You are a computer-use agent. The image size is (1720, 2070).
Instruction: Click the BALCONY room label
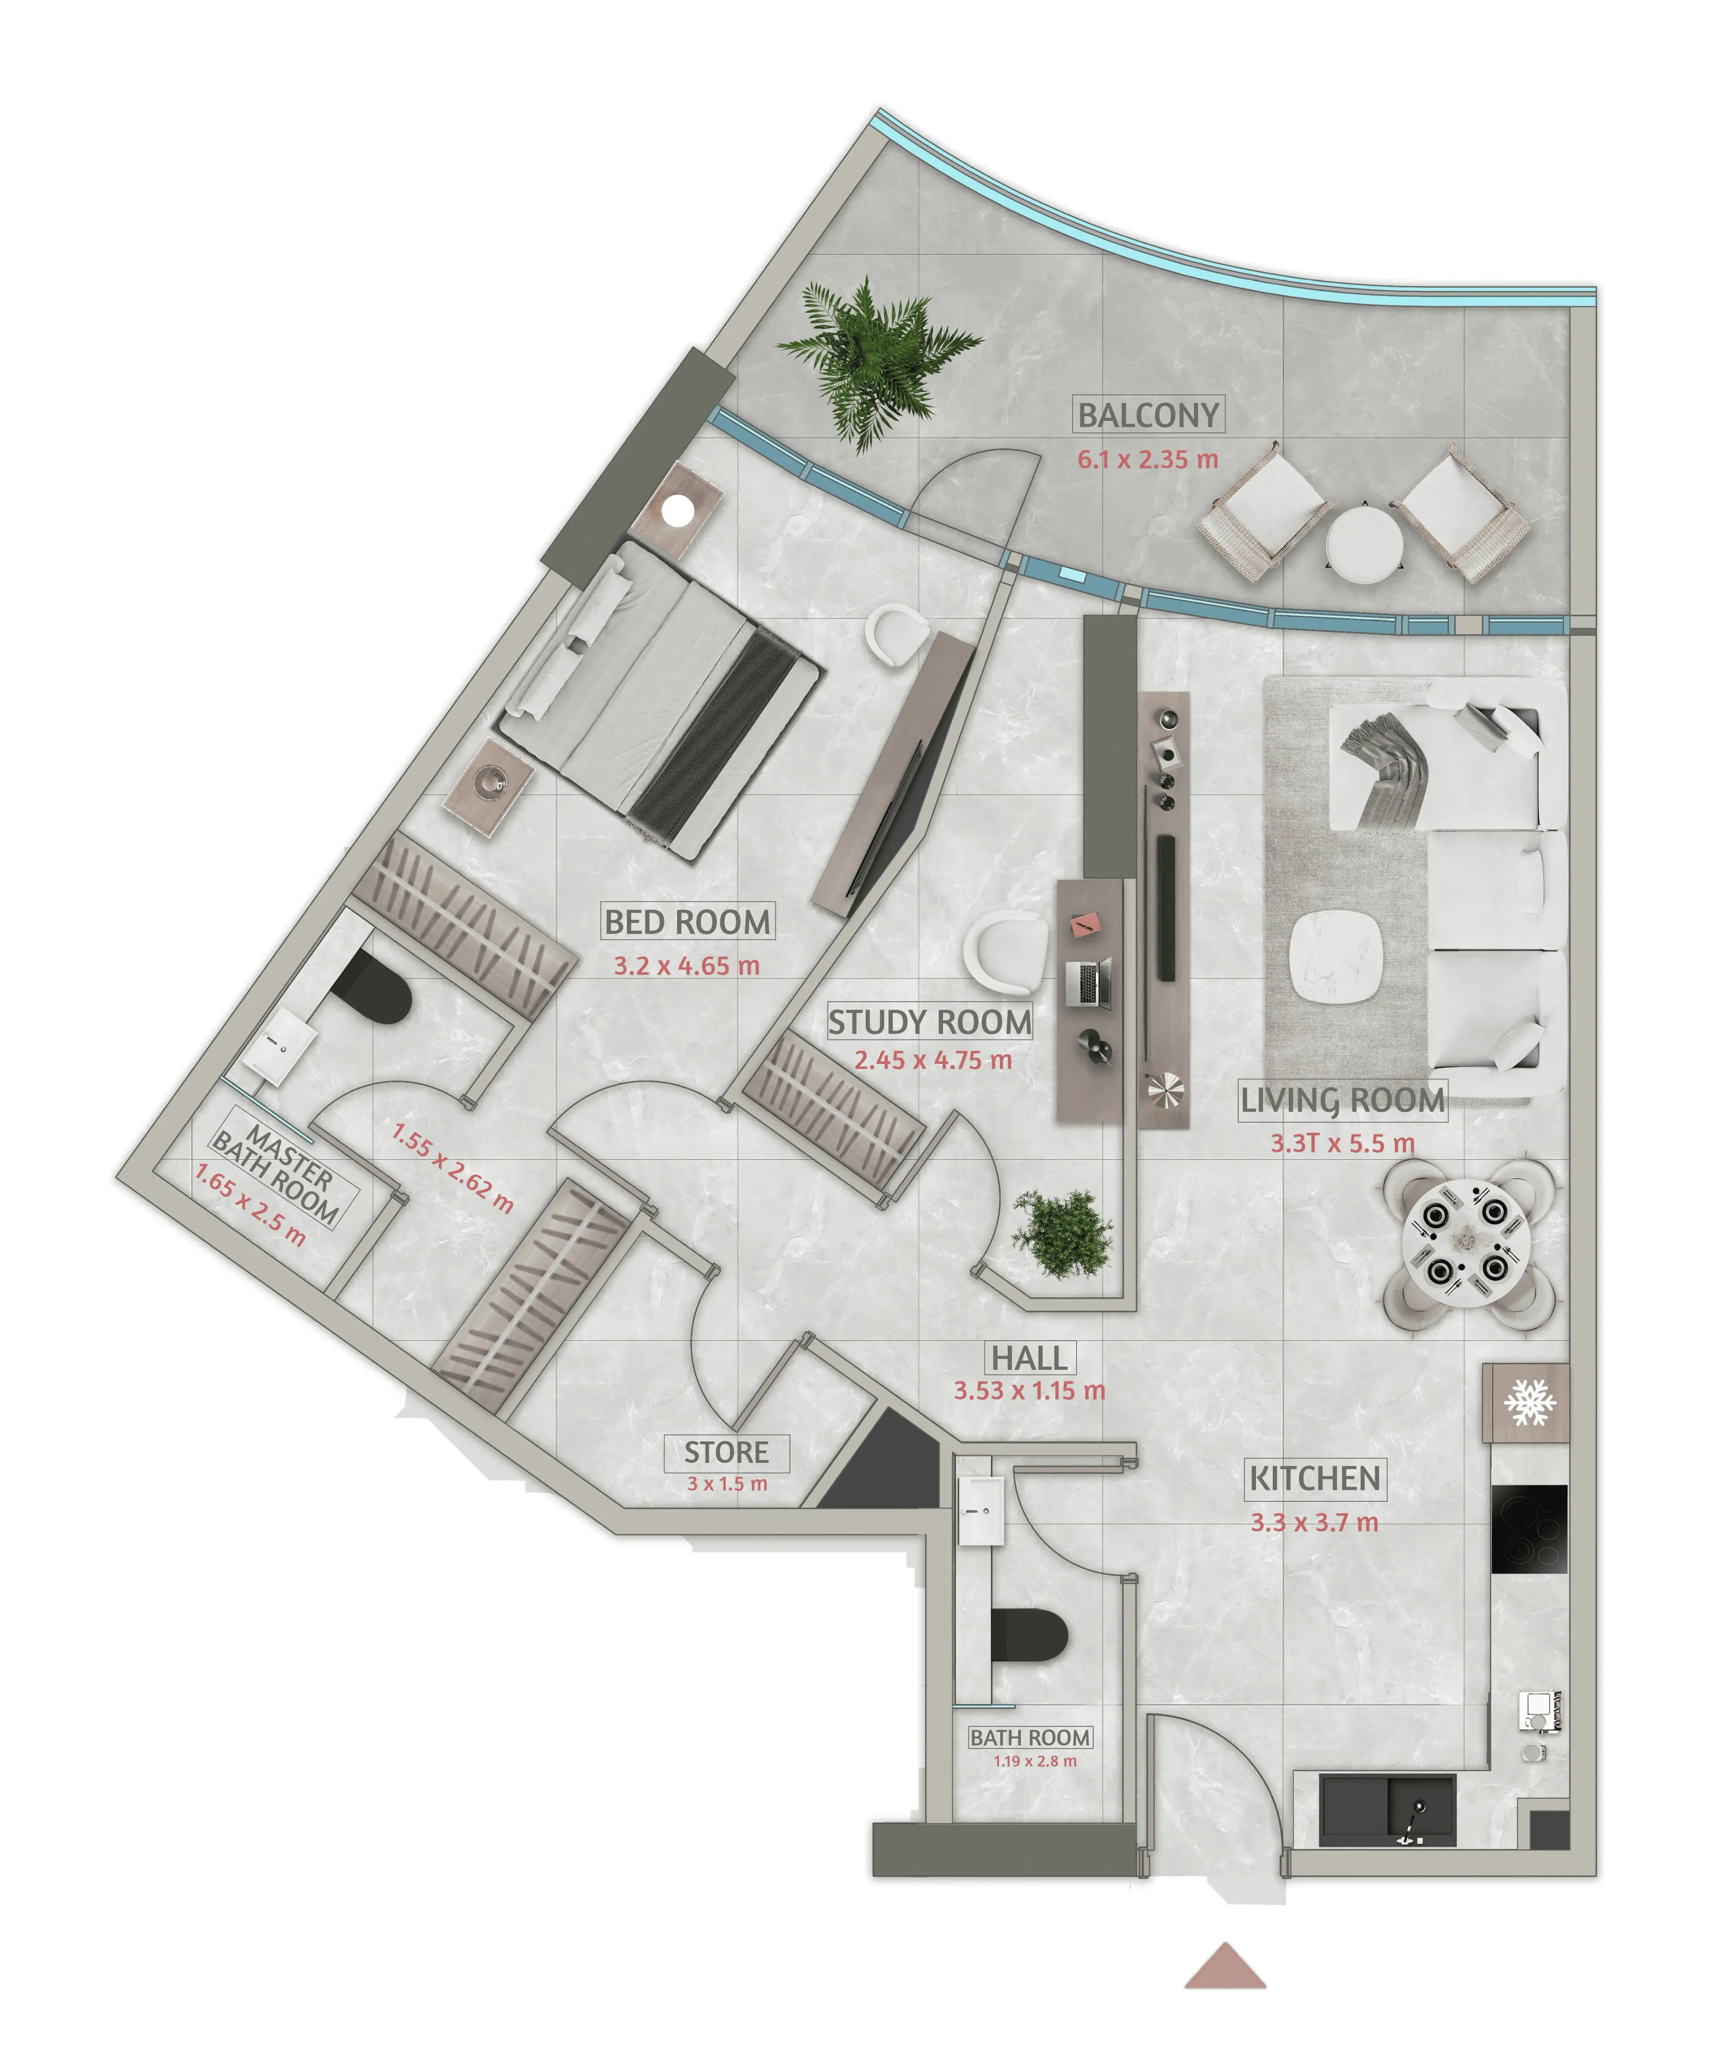(1148, 415)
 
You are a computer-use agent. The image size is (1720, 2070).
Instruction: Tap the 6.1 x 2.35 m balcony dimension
(1147, 460)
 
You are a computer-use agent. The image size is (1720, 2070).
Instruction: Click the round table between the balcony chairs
(1364, 542)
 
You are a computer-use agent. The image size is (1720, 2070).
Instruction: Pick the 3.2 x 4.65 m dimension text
(687, 966)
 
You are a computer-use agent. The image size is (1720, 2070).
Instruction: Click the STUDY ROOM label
(929, 1022)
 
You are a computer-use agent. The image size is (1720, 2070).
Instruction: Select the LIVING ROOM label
(1342, 1100)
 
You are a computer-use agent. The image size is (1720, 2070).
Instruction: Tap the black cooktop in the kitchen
(1529, 1529)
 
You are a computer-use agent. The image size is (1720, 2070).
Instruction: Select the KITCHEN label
(1315, 1478)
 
